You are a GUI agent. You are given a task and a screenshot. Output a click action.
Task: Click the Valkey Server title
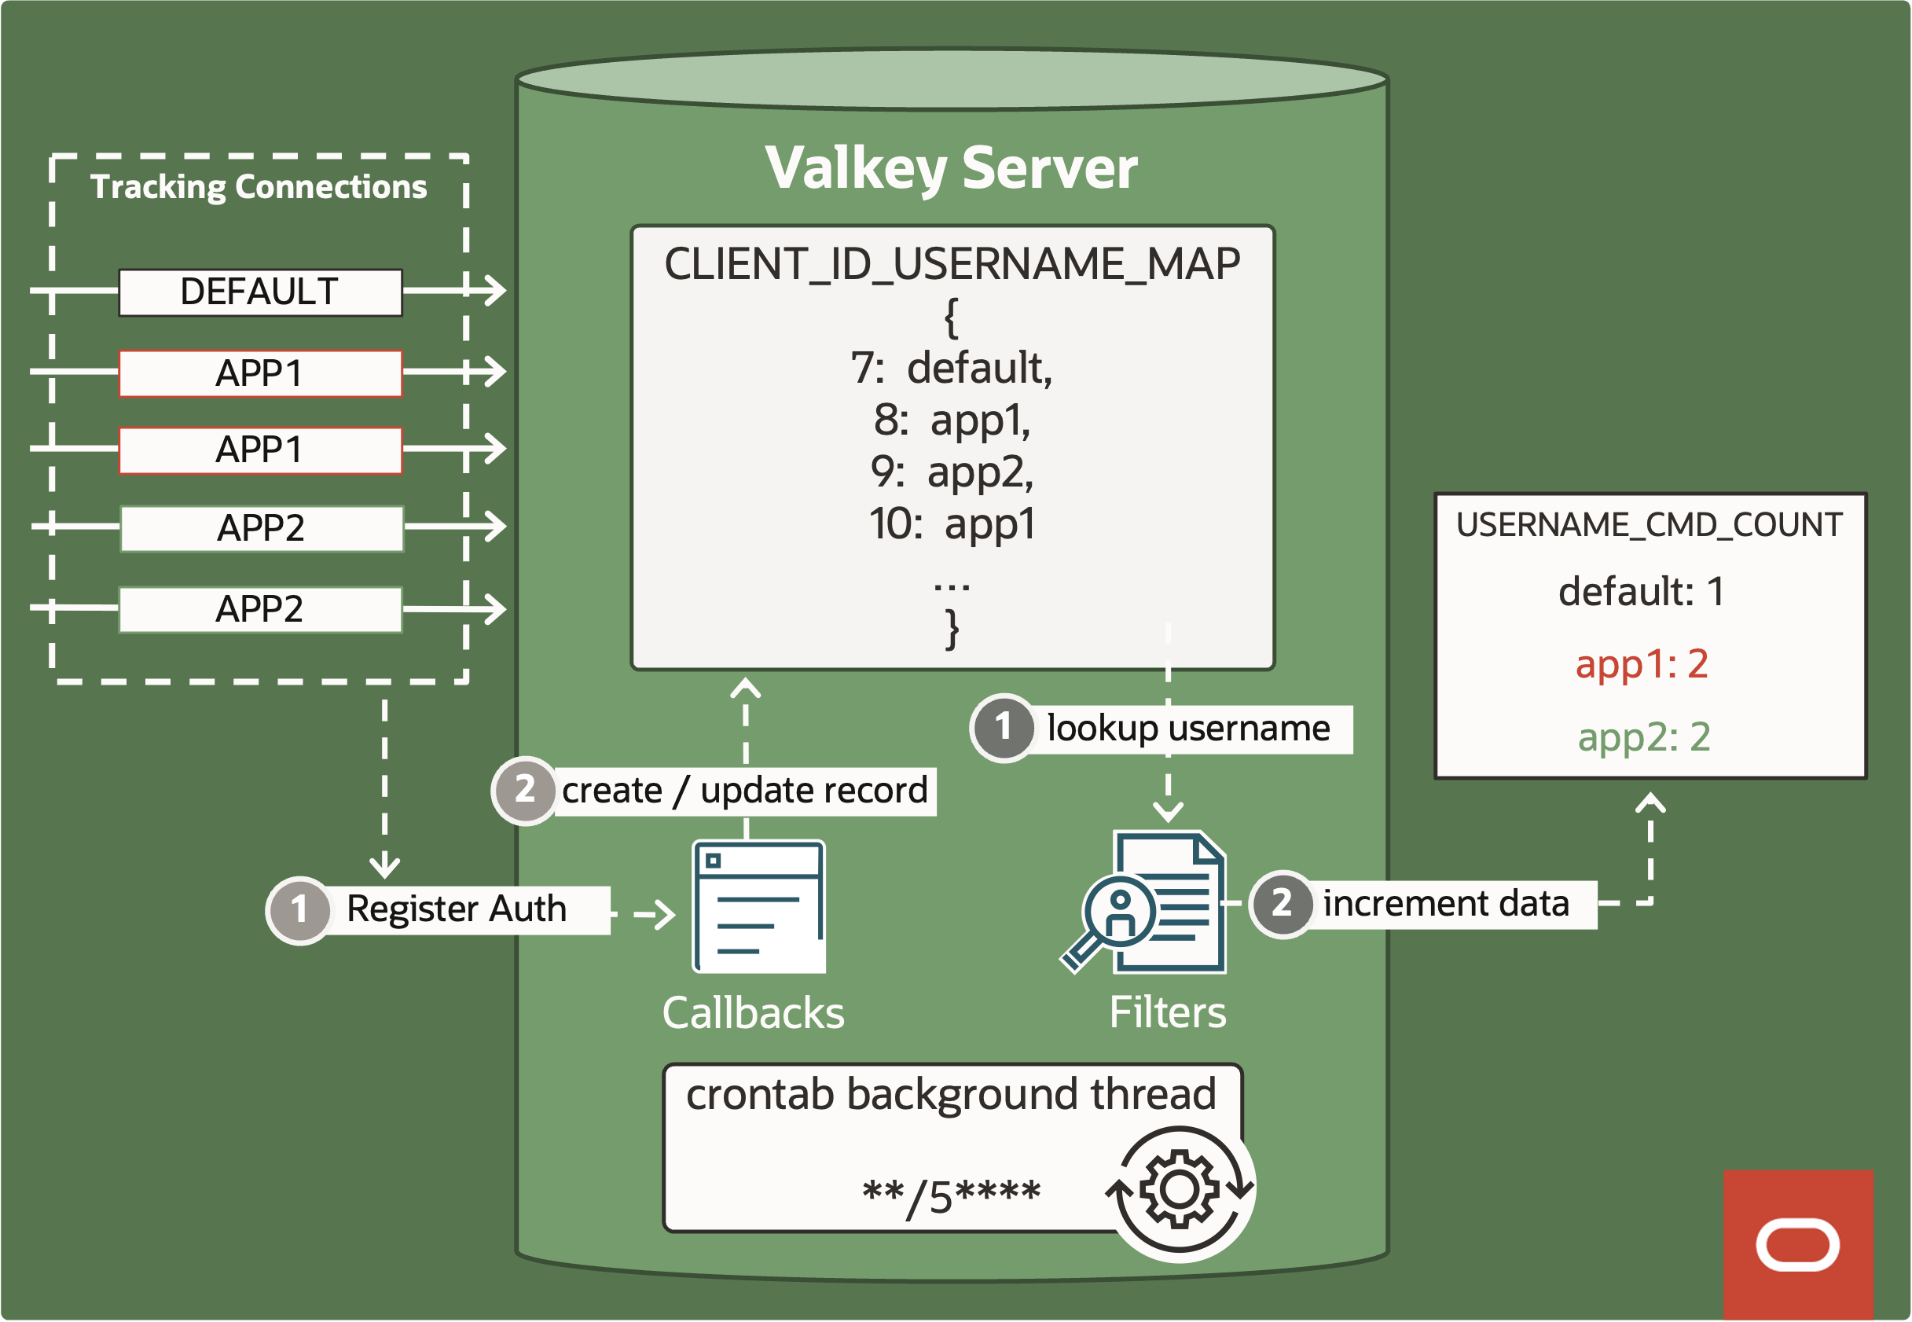click(951, 168)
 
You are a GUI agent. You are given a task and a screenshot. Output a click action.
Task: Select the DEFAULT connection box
click(260, 292)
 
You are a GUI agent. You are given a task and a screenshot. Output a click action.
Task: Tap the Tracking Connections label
click(259, 187)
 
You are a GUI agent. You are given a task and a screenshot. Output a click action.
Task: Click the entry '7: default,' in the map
click(951, 368)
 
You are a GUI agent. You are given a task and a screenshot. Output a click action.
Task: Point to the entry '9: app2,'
click(951, 472)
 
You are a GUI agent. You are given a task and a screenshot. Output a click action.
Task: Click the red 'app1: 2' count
click(1641, 664)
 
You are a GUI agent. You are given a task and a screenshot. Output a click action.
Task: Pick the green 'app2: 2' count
click(1643, 737)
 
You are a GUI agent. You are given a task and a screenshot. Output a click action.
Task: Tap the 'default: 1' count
click(1641, 591)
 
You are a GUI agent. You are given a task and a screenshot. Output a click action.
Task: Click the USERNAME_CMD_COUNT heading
click(1649, 525)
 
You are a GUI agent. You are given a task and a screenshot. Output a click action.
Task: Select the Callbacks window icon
click(758, 907)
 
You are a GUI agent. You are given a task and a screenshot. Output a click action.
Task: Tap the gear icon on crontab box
click(1179, 1189)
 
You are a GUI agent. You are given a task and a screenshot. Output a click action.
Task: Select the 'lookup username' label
click(1187, 729)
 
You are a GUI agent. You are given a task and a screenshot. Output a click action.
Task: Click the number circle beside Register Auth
click(299, 909)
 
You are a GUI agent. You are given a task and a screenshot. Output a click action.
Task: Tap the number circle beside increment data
click(1281, 903)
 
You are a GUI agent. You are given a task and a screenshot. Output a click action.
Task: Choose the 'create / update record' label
click(743, 791)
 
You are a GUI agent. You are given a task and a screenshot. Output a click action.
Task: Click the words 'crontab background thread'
click(951, 1094)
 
